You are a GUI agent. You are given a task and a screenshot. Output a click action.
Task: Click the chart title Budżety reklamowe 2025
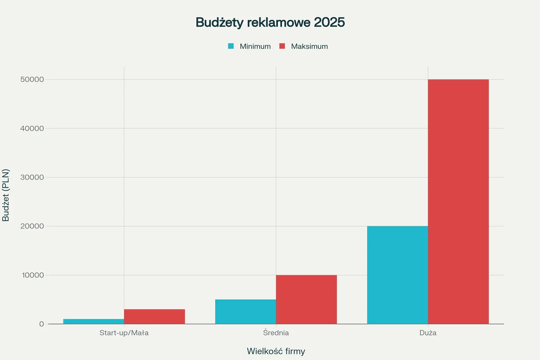270,22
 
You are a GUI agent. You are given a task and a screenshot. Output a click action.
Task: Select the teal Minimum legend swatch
231,46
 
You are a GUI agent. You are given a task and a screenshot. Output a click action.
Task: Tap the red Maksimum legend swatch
282,46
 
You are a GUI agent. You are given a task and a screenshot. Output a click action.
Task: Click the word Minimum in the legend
255,46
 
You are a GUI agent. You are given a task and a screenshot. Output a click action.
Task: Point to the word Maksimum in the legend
309,46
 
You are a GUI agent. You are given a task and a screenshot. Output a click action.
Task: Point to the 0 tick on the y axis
41,324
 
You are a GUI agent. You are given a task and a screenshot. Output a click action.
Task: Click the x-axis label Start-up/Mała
124,333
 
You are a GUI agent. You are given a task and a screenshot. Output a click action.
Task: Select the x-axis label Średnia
276,333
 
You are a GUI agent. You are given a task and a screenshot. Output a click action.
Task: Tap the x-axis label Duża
427,333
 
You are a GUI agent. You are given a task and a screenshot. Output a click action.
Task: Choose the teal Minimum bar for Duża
397,275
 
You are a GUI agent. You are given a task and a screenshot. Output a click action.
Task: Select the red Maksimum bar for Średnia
306,299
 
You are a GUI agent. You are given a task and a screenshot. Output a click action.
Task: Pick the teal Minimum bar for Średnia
245,312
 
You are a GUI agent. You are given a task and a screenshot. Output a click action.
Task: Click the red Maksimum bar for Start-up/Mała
154,317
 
